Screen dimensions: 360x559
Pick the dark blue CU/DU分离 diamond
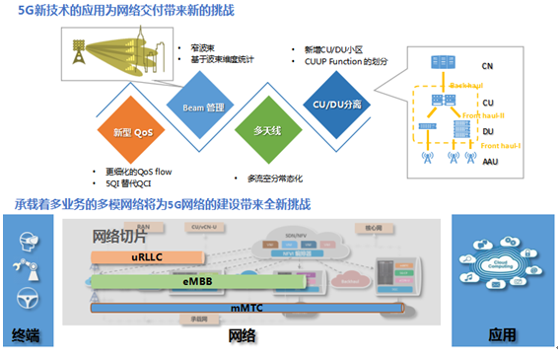(337, 105)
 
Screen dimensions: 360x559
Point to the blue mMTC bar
(246, 309)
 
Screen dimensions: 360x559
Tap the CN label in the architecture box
(487, 67)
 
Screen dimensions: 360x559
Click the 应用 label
(502, 336)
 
